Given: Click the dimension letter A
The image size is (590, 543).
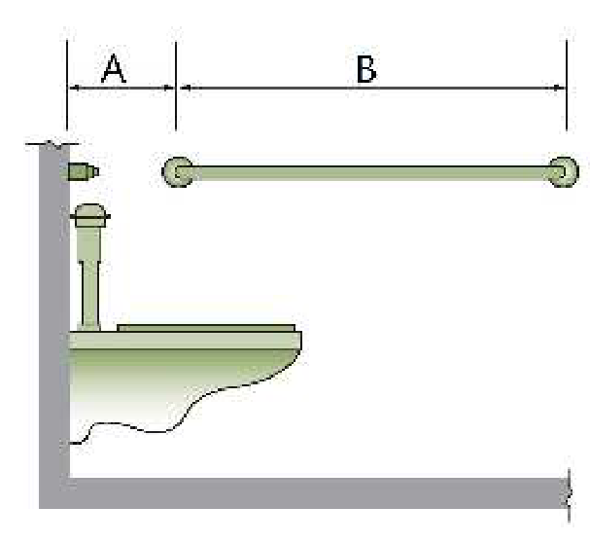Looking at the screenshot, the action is pyautogui.click(x=114, y=68).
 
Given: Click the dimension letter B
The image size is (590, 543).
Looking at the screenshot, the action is pyautogui.click(x=366, y=69).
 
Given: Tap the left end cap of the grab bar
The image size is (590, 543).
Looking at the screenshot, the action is pyautogui.click(x=177, y=172).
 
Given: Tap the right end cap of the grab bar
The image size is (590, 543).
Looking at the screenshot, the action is pyautogui.click(x=563, y=172).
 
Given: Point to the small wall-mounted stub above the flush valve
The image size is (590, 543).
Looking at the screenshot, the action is pyautogui.click(x=84, y=172).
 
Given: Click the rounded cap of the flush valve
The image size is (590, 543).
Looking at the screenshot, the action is pyautogui.click(x=90, y=215).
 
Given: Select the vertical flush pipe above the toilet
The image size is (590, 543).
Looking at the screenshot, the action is pyautogui.click(x=89, y=279).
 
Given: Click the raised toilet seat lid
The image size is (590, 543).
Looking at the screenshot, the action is pyautogui.click(x=206, y=328).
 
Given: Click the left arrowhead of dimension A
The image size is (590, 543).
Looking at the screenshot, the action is pyautogui.click(x=74, y=88).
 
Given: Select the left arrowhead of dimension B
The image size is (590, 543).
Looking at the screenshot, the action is pyautogui.click(x=185, y=88).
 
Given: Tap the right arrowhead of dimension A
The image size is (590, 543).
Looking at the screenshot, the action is pyautogui.click(x=168, y=88).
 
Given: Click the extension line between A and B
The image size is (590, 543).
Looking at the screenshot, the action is pyautogui.click(x=176, y=86).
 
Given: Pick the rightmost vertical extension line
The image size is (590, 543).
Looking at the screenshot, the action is pyautogui.click(x=567, y=86).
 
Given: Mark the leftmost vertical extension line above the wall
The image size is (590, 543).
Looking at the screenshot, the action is pyautogui.click(x=67, y=85).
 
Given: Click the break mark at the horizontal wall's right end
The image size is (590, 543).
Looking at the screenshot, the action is pyautogui.click(x=569, y=495).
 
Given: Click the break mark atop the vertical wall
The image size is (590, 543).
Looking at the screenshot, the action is pyautogui.click(x=52, y=144).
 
